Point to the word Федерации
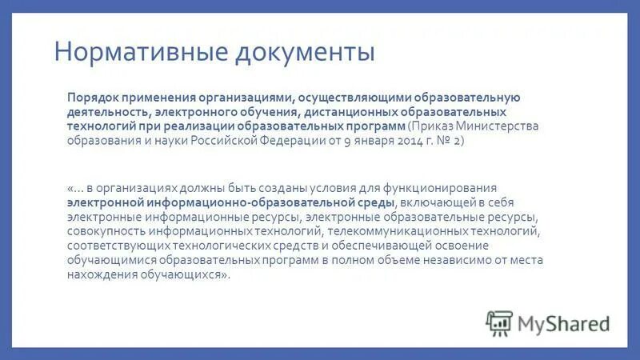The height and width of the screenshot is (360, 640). pos(290,140)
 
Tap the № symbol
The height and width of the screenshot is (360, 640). pos(444,140)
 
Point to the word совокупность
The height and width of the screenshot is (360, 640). pos(108,231)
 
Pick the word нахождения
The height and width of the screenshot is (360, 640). pos(102,274)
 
